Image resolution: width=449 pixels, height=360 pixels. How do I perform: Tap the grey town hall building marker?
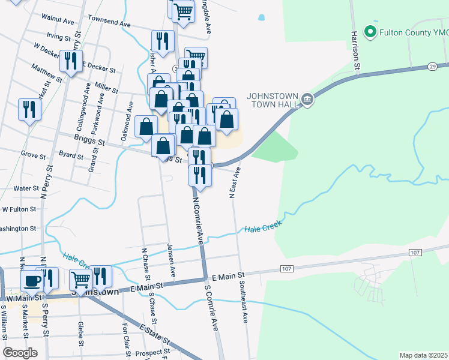(307, 98)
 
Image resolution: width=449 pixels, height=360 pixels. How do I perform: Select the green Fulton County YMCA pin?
(370, 32)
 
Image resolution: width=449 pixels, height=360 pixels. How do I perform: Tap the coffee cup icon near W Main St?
(31, 279)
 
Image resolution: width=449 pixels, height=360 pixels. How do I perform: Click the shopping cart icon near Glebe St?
(80, 278)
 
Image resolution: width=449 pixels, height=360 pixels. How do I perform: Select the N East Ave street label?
(234, 182)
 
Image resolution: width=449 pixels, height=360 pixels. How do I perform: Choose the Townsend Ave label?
(109, 21)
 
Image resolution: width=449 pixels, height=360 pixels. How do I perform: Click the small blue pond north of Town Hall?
(261, 17)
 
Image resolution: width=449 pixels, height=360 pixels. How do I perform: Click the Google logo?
(20, 352)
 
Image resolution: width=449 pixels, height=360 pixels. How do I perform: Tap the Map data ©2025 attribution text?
(423, 355)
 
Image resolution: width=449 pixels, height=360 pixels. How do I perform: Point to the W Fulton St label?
(19, 210)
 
